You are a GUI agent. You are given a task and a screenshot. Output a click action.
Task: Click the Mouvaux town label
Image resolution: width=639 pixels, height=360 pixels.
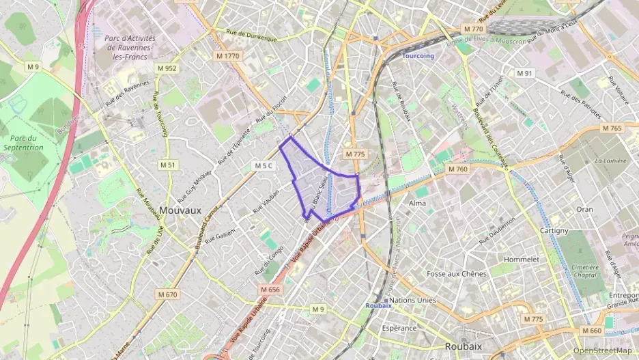180,210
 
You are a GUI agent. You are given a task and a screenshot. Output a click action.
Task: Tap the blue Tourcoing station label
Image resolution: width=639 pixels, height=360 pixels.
418,56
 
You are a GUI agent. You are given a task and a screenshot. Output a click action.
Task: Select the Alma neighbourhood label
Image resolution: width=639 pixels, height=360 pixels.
417,204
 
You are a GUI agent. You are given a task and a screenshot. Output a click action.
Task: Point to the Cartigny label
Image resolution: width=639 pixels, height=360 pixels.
554,231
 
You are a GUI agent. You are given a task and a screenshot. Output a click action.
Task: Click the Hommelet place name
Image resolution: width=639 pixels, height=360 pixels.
521,260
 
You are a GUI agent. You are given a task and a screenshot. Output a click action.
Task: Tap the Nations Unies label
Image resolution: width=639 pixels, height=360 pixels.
412,300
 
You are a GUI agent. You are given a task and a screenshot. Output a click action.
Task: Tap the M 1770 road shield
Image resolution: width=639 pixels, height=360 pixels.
227,55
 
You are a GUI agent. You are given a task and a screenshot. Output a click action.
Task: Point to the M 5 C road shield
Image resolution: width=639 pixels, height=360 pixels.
262,165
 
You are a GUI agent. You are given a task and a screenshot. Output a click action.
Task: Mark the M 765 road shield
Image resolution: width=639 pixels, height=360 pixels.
612,128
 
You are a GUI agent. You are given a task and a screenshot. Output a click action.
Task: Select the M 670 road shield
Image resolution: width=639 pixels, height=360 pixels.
167,294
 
